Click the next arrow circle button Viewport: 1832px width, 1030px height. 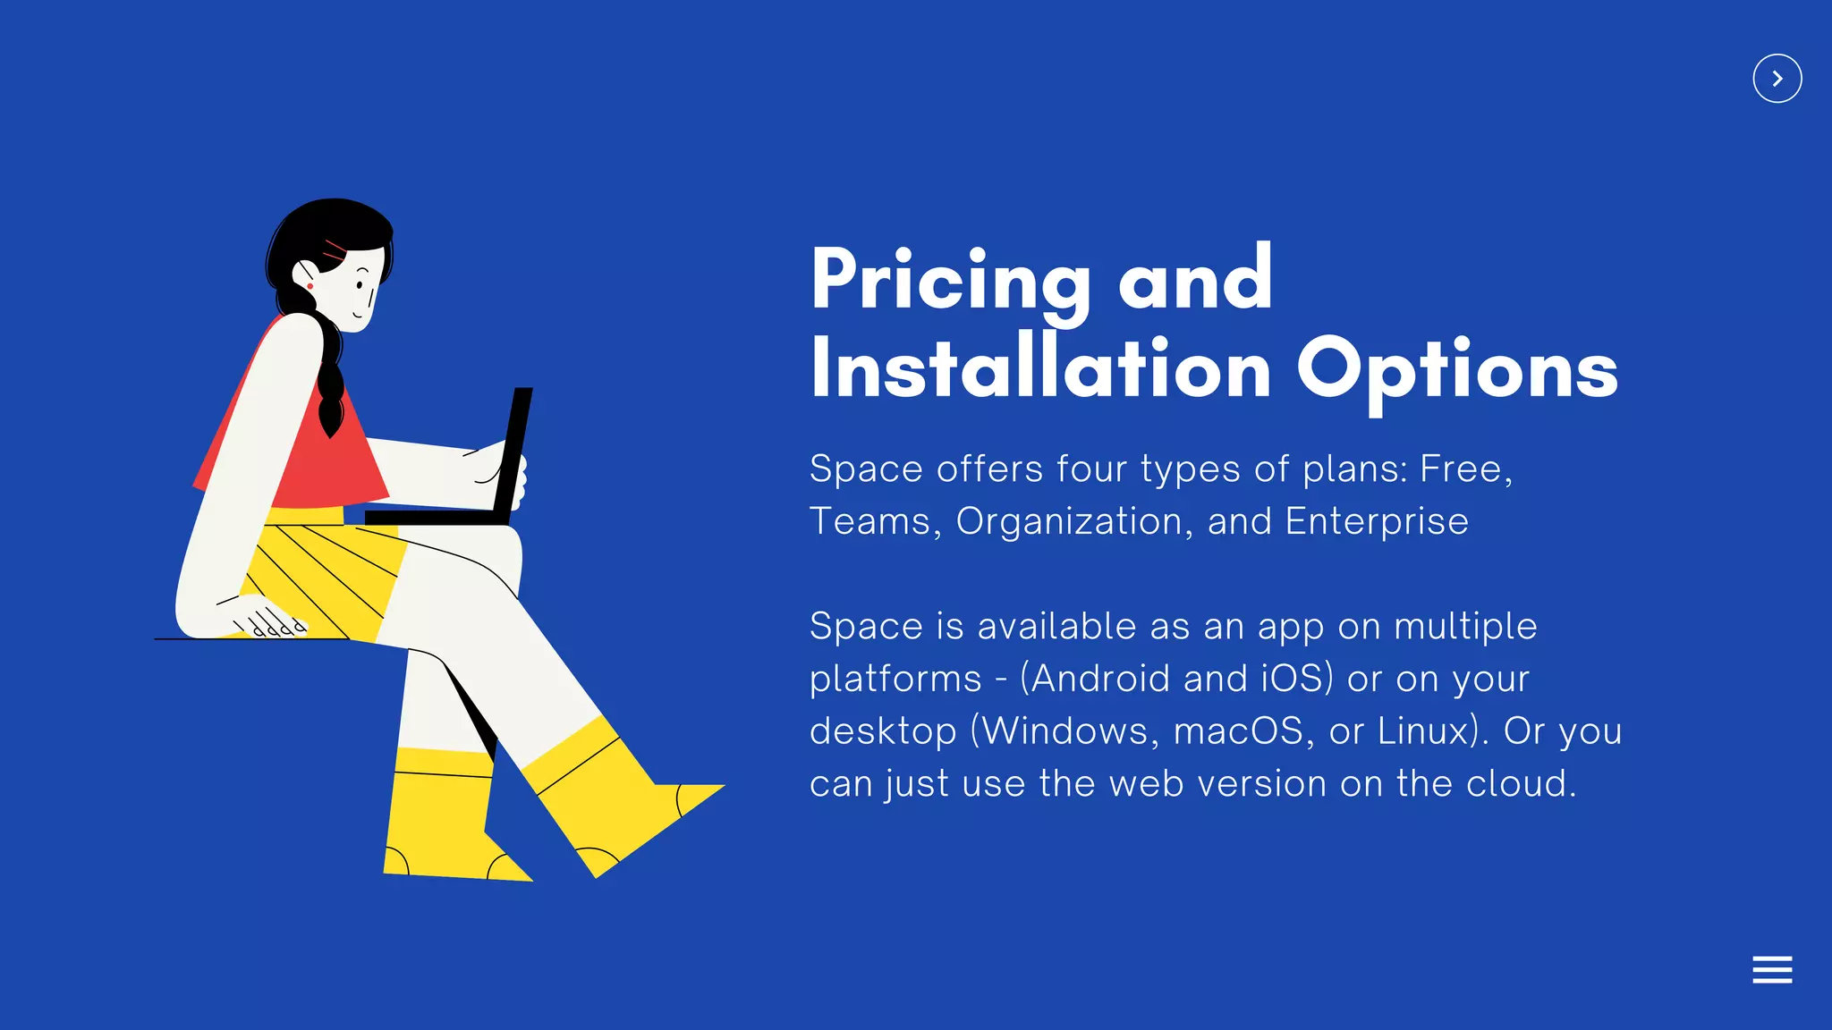(x=1777, y=79)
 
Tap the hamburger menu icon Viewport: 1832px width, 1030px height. (x=1772, y=969)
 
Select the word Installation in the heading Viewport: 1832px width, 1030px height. (x=1040, y=369)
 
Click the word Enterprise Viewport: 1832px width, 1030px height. (x=1377, y=521)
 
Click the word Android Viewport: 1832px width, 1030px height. (x=1099, y=679)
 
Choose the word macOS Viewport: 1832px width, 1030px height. (x=1238, y=731)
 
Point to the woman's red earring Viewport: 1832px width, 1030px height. (x=310, y=286)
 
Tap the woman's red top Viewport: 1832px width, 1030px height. (x=331, y=465)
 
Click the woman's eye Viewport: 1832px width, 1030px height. (x=360, y=285)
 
